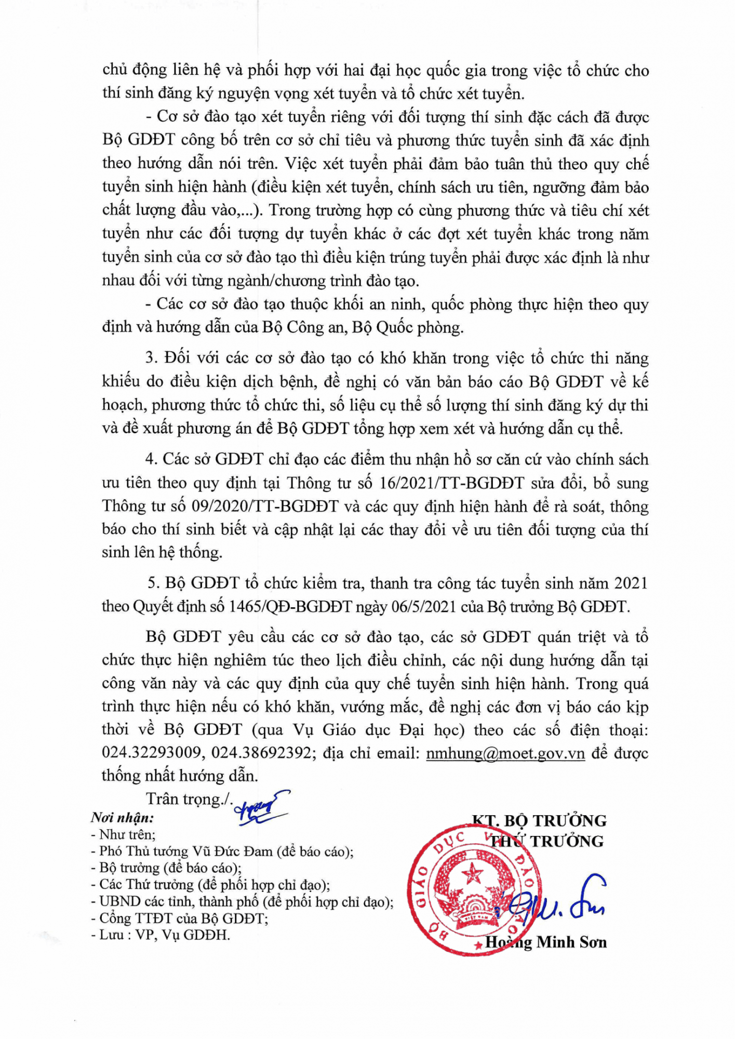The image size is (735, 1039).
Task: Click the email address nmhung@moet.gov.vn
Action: [505, 753]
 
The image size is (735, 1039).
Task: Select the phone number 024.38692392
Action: [261, 753]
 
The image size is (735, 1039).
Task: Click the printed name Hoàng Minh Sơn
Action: [545, 942]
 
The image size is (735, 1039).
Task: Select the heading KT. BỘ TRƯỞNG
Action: [539, 821]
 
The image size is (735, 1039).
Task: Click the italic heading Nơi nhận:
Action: [122, 818]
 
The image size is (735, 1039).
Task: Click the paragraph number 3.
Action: [151, 358]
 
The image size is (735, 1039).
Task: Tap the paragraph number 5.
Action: [153, 583]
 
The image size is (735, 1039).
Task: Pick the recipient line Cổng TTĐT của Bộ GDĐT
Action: [180, 918]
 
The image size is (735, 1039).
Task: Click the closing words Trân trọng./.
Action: [190, 799]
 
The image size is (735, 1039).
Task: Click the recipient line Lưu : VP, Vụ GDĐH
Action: [161, 935]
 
